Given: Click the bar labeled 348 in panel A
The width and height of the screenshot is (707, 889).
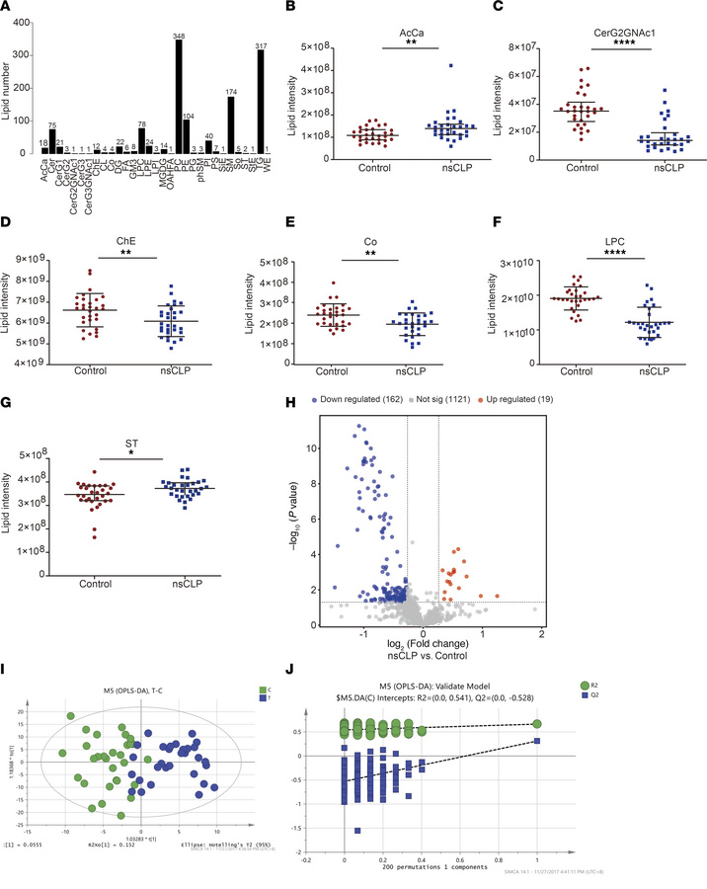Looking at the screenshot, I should tap(179, 96).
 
